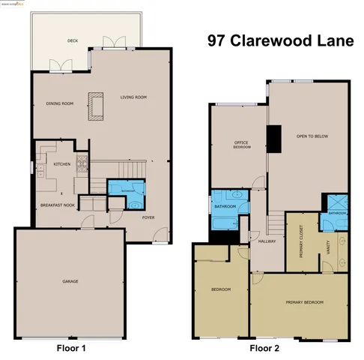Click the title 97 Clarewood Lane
click(x=281, y=42)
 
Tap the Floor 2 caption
click(x=265, y=348)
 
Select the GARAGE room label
click(x=70, y=281)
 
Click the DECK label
click(x=73, y=41)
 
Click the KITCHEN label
click(x=61, y=163)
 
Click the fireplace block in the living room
click(x=94, y=104)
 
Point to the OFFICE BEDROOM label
click(x=241, y=145)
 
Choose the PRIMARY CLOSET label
click(x=301, y=241)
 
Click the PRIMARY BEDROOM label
click(x=304, y=302)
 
